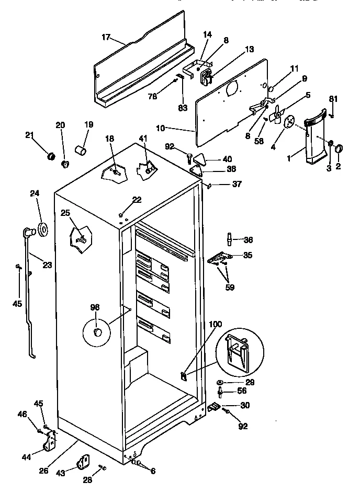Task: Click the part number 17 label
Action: pyautogui.click(x=106, y=37)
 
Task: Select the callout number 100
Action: pyautogui.click(x=216, y=325)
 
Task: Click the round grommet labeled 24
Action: pyautogui.click(x=42, y=228)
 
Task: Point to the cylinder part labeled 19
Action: pyautogui.click(x=81, y=152)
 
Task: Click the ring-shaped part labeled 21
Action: pyautogui.click(x=51, y=156)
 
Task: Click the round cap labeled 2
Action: pyautogui.click(x=337, y=148)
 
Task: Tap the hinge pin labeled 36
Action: pyautogui.click(x=229, y=239)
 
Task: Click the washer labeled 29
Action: pyautogui.click(x=221, y=383)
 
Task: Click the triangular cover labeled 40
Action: pyautogui.click(x=202, y=158)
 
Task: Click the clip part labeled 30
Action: pyautogui.click(x=215, y=406)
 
